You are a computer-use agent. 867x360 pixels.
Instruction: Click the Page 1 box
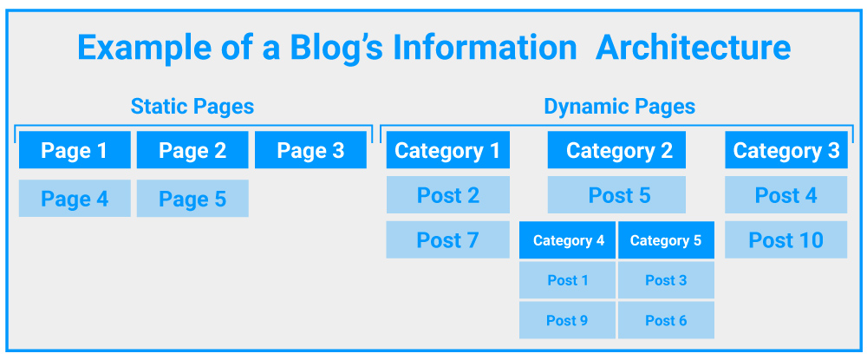(75, 150)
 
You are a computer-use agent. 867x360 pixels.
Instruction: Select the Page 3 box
(310, 150)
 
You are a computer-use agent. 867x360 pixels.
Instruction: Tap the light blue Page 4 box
(75, 199)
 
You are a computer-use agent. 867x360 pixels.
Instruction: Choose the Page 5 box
(192, 199)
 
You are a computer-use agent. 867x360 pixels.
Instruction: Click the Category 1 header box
(448, 150)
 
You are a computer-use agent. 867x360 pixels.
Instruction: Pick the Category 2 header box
(616, 150)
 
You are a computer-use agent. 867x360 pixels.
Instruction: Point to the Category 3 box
(786, 150)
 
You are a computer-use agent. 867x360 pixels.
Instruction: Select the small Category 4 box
(567, 240)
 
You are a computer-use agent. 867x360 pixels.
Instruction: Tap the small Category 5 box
(666, 240)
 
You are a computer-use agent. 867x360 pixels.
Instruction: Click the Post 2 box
(448, 194)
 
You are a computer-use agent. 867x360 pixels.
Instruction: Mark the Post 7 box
(448, 240)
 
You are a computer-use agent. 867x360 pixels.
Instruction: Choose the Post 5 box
(616, 194)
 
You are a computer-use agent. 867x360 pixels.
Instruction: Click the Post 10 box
(786, 240)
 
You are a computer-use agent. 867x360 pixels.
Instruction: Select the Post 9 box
(567, 320)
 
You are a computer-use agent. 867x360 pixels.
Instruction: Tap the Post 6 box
(666, 320)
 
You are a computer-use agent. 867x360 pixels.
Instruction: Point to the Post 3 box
(666, 280)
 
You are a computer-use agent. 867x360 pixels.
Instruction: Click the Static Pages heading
(192, 106)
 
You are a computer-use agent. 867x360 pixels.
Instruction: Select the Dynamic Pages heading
(620, 106)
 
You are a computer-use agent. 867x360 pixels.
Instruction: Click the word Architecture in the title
(694, 48)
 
